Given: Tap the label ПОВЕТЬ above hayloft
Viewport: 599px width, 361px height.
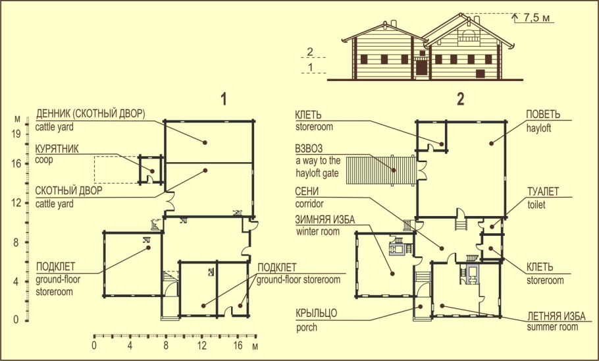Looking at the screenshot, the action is click(543, 115).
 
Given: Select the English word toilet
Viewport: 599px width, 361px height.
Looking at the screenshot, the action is click(536, 205).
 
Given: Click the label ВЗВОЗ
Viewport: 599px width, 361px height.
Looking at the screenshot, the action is click(309, 148).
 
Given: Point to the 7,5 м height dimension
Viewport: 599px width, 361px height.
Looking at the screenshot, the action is click(536, 17).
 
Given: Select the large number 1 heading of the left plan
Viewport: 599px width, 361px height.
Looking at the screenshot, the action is click(224, 99).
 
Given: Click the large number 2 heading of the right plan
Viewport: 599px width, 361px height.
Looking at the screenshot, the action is click(461, 99).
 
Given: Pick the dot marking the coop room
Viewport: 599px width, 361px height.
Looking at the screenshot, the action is click(152, 171).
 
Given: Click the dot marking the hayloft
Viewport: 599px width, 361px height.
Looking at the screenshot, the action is click(491, 144).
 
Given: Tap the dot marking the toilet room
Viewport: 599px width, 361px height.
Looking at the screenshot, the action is click(492, 227).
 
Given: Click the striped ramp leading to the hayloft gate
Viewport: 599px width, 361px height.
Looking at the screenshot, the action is click(381, 170).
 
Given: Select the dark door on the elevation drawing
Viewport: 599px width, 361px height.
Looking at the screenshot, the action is click(421, 67).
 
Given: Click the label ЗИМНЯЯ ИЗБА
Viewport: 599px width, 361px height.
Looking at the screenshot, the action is click(325, 220).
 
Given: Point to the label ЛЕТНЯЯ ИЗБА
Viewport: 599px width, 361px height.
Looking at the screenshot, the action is click(556, 316).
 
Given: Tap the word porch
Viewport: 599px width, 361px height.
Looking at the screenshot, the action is click(307, 327).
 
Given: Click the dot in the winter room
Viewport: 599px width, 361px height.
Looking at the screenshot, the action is click(392, 273).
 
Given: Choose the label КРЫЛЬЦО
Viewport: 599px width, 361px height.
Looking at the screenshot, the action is click(317, 314).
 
